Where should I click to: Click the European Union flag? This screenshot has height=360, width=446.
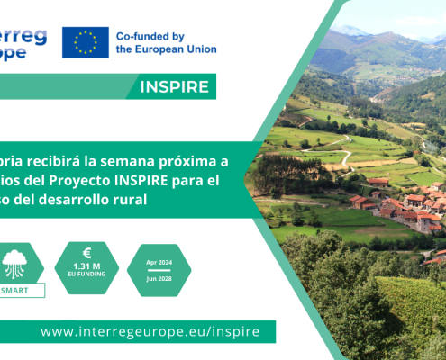click(86, 41)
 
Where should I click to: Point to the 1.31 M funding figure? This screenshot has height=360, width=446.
click(86, 267)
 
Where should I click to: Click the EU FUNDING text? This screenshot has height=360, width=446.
click(86, 277)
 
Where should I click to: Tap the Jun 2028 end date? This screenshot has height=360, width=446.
click(159, 279)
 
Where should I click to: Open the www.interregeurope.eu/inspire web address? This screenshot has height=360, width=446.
click(150, 331)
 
